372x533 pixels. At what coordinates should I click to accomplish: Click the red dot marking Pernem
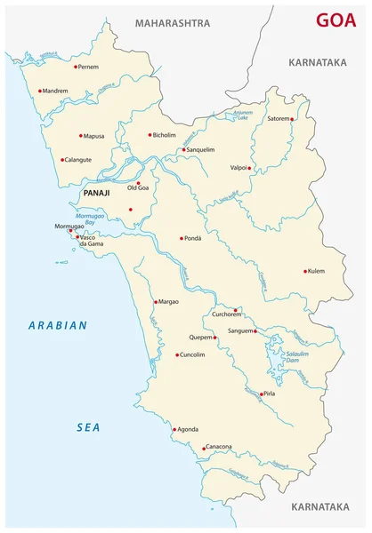[x=75, y=66]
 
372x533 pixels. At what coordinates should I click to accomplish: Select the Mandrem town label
[x=54, y=91]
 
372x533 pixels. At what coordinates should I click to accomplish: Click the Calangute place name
[x=81, y=161]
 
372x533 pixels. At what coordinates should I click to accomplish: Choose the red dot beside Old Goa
[x=138, y=182]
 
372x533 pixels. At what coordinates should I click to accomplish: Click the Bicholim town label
[x=165, y=136]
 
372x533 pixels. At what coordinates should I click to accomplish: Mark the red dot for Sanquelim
[x=183, y=150]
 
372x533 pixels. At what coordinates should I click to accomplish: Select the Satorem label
[x=273, y=118]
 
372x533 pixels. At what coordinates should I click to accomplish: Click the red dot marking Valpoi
[x=250, y=167]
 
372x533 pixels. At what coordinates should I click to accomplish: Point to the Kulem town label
[x=320, y=272]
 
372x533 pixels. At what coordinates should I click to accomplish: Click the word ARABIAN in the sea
[x=57, y=326]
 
